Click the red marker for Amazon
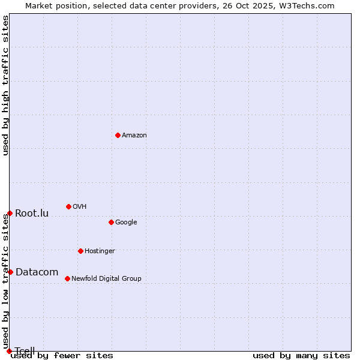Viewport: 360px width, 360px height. pos(118,135)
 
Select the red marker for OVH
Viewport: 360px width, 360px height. pos(68,206)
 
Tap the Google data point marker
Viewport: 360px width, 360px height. pos(111,222)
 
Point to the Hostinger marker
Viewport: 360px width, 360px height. pos(80,251)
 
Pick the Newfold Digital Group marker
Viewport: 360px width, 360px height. pos(67,278)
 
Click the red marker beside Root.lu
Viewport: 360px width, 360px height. pos(10,213)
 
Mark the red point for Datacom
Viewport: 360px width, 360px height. pos(10,272)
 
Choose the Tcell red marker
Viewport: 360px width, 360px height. pos(9,351)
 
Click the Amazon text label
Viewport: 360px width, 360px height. pos(134,136)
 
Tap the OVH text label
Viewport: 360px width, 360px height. pos(80,207)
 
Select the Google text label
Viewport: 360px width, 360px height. pos(126,223)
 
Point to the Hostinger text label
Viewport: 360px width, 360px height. pos(100,251)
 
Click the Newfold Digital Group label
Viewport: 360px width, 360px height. pos(106,279)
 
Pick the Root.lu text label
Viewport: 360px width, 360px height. pos(32,214)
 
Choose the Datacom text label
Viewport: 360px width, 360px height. pos(37,272)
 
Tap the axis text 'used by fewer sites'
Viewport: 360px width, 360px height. pos(62,356)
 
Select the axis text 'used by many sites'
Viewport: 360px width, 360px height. pos(301,356)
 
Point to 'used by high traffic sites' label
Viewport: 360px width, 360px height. pos(5,85)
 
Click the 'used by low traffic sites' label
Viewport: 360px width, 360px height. pos(5,281)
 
